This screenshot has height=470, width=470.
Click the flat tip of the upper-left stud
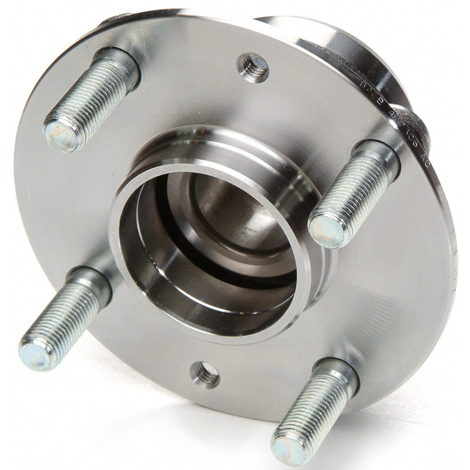tap(61, 134)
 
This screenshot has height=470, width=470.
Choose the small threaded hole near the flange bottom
tap(204, 374)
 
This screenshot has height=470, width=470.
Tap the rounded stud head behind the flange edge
tap(420, 126)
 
